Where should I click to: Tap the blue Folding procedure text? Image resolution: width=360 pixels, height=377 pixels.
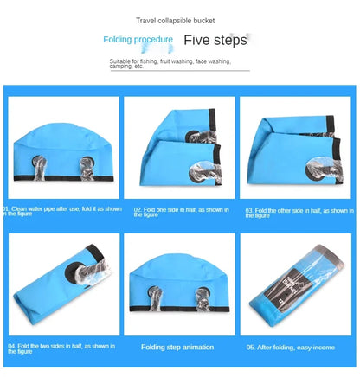138,40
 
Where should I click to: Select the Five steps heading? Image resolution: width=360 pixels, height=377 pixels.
215,40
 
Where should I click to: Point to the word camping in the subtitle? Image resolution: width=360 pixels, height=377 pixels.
120,67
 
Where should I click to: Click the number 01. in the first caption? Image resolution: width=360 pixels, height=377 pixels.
8,208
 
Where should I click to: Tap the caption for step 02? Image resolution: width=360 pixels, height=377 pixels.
177,211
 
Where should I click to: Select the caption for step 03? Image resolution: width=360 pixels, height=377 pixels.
299,212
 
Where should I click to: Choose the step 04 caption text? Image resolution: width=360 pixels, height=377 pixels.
61,348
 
